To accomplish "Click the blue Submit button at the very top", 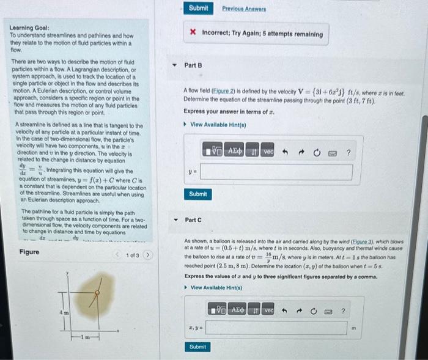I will coord(198,8).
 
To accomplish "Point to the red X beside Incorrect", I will coord(193,34).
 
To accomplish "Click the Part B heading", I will coord(193,65).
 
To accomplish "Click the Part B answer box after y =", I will coord(275,172).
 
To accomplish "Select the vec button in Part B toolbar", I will coord(269,151).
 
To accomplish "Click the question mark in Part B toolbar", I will coord(348,151).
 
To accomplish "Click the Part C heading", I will coord(193,219).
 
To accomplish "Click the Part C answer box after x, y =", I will coord(275,329).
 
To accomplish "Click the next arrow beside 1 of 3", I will coord(147,255).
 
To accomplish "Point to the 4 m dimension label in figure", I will coord(62,313).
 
